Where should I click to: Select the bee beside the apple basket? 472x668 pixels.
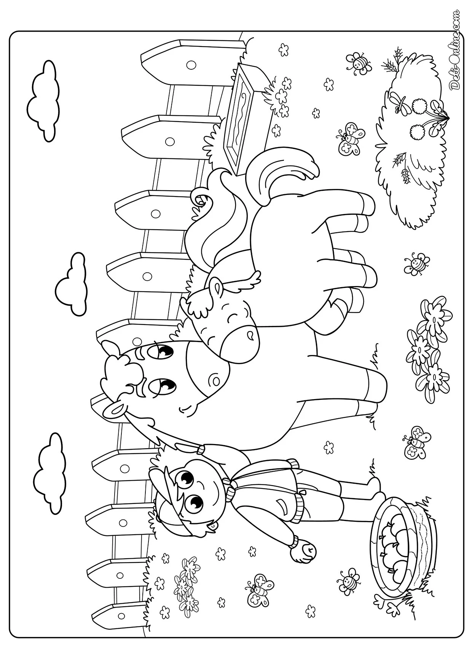tap(349, 591)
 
